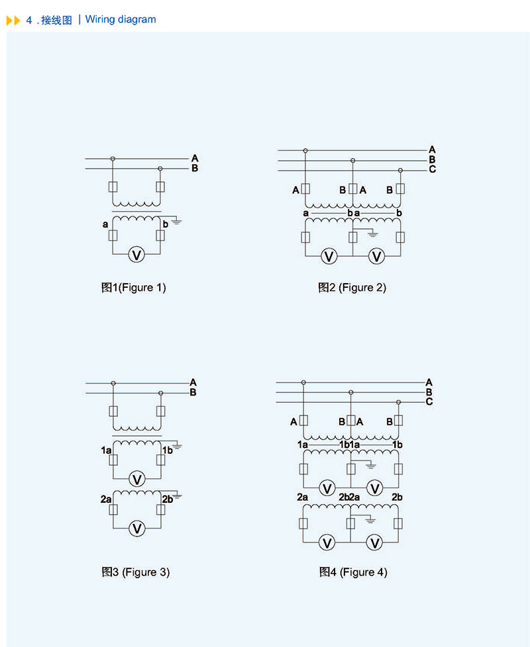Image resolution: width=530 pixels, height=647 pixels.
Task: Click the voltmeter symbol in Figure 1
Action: tap(136, 255)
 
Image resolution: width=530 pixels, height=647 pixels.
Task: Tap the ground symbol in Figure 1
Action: tap(177, 221)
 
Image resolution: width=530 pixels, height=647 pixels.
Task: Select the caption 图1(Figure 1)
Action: tap(133, 288)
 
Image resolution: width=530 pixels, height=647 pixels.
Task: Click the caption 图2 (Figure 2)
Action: tap(352, 288)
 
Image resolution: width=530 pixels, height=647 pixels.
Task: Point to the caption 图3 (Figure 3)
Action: tap(135, 572)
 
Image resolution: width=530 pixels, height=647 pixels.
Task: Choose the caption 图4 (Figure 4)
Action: tap(352, 572)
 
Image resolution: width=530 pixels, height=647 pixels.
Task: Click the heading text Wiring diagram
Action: tap(121, 19)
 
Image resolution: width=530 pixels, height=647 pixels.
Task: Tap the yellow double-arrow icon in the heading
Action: tap(13, 21)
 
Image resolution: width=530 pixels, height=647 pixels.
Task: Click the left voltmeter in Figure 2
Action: tap(329, 256)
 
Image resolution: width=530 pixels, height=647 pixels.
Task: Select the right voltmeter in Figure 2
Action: tap(376, 256)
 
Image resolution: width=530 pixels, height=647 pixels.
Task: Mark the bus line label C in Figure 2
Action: tap(432, 169)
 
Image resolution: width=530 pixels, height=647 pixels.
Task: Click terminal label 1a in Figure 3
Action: tap(106, 450)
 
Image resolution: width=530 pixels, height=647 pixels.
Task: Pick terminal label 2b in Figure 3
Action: tap(167, 499)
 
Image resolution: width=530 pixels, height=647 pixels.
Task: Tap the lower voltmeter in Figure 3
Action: tap(136, 529)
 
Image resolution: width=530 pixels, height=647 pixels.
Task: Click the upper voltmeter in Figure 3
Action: tap(136, 479)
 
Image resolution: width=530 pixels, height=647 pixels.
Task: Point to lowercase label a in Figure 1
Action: tap(105, 225)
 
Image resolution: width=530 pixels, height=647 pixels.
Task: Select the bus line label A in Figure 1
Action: tap(195, 158)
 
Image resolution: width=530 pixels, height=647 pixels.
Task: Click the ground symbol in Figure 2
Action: tap(372, 234)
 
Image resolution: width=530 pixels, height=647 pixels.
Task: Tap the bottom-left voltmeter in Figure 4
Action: tap(327, 542)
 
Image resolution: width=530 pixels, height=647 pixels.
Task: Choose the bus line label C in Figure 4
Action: tap(429, 401)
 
